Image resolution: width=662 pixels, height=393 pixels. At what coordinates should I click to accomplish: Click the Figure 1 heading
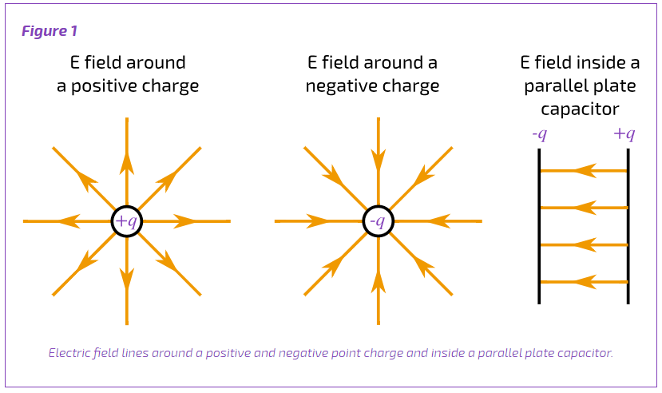(50, 31)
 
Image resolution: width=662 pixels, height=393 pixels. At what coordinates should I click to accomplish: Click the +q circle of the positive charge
(127, 206)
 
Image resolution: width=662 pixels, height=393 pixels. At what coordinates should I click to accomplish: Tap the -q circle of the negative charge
(379, 206)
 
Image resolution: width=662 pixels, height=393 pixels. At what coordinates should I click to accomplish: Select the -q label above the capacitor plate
(540, 134)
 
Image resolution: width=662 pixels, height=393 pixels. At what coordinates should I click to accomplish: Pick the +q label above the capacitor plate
(624, 134)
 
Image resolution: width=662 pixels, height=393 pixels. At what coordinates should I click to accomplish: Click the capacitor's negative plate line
(539, 226)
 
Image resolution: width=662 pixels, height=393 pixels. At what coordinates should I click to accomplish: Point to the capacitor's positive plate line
(628, 226)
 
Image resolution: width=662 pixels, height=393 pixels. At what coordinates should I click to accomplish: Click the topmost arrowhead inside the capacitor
(585, 170)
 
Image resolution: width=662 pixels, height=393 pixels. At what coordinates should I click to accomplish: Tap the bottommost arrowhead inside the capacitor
(585, 281)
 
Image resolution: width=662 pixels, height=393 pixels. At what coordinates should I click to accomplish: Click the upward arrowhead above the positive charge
(127, 164)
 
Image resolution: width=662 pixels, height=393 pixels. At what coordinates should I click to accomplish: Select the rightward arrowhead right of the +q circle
(185, 221)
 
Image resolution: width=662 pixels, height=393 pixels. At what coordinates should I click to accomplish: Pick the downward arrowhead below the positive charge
(127, 279)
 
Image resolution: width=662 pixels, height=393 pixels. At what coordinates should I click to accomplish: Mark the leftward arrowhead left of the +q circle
(69, 221)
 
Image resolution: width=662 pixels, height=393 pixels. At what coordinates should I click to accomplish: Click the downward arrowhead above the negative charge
(379, 161)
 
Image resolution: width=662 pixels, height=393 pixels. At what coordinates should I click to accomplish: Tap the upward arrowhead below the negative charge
(379, 281)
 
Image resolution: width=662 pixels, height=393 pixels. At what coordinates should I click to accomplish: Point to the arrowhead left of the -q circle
(318, 221)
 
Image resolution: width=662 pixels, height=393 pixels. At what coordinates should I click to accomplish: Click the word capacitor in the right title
(580, 109)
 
